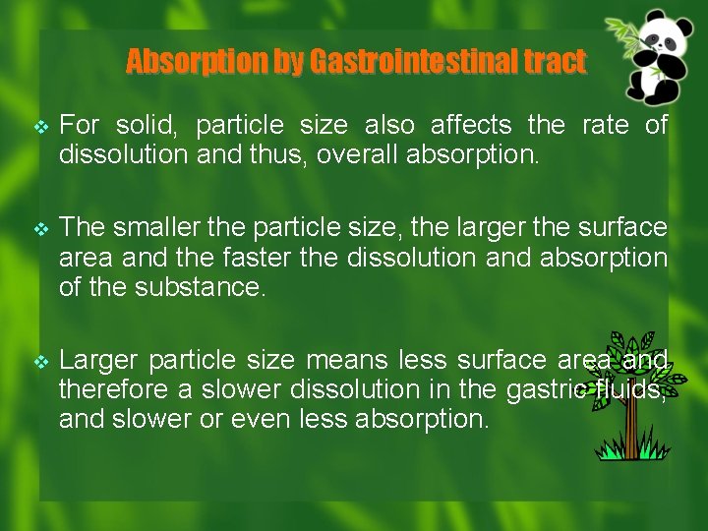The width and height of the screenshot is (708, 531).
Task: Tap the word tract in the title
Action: click(554, 63)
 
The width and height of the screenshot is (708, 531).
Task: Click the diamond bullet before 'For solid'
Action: click(39, 127)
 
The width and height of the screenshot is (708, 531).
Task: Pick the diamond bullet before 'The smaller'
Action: click(39, 229)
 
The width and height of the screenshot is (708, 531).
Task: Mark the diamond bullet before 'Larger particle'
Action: click(39, 363)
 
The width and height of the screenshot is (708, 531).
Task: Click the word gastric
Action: click(545, 390)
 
